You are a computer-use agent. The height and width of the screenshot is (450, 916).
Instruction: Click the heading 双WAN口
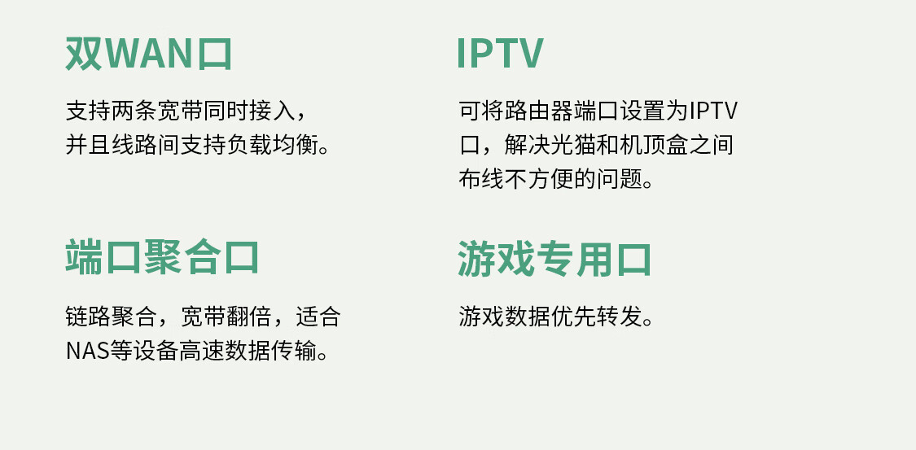pyautogui.click(x=149, y=54)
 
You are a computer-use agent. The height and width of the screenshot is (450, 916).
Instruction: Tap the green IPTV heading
pyautogui.click(x=500, y=54)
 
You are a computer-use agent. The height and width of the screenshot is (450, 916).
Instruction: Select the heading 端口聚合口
pyautogui.click(x=162, y=257)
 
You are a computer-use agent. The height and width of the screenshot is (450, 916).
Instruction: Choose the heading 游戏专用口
pyautogui.click(x=554, y=259)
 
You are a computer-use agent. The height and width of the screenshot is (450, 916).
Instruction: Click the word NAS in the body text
pyautogui.click(x=88, y=352)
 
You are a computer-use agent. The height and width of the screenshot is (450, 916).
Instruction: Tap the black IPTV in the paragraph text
pyautogui.click(x=713, y=111)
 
